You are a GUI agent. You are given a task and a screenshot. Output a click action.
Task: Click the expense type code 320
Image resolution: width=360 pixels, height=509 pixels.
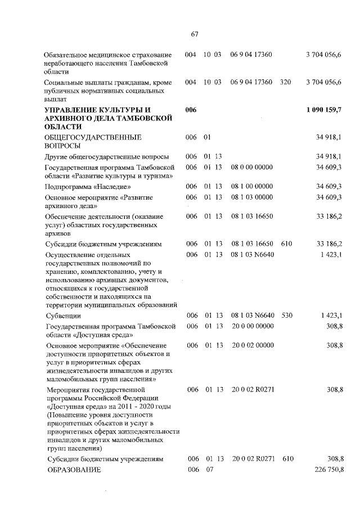click(x=285, y=82)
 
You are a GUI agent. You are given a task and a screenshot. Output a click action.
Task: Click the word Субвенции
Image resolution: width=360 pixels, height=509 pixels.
click(x=62, y=316)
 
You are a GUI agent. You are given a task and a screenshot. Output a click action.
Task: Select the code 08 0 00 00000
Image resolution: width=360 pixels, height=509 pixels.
click(x=251, y=168)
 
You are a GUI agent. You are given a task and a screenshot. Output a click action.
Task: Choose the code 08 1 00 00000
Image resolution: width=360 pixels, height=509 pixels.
click(x=251, y=186)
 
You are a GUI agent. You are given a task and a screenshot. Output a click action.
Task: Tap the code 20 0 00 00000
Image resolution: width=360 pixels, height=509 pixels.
click(x=252, y=326)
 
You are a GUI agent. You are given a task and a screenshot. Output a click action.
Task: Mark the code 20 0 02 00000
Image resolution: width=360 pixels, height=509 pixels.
click(x=252, y=345)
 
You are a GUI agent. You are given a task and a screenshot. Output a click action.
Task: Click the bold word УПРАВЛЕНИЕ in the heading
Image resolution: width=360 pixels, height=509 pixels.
click(x=70, y=109)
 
